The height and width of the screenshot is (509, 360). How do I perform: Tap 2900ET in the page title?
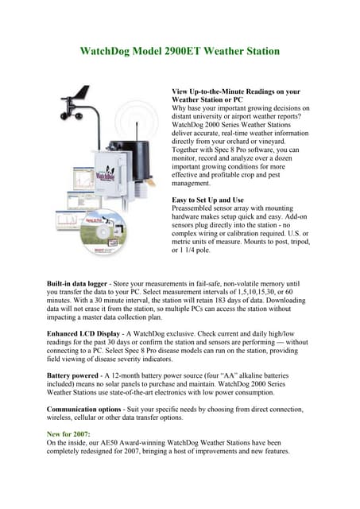click(x=187, y=52)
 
